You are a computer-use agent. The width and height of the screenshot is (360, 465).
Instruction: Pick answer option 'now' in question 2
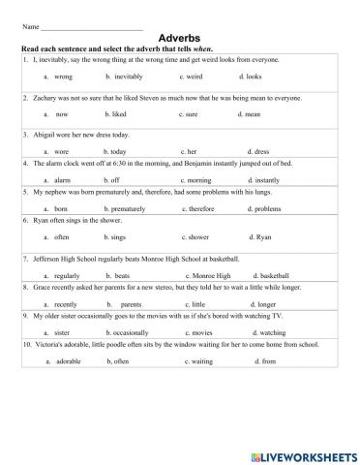pyautogui.click(x=62, y=113)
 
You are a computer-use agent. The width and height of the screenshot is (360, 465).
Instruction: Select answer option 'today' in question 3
pyautogui.click(x=118, y=151)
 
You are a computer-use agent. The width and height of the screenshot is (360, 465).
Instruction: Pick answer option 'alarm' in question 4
pyautogui.click(x=63, y=179)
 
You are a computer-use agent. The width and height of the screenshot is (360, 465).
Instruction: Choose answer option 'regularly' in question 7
pyautogui.click(x=69, y=274)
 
